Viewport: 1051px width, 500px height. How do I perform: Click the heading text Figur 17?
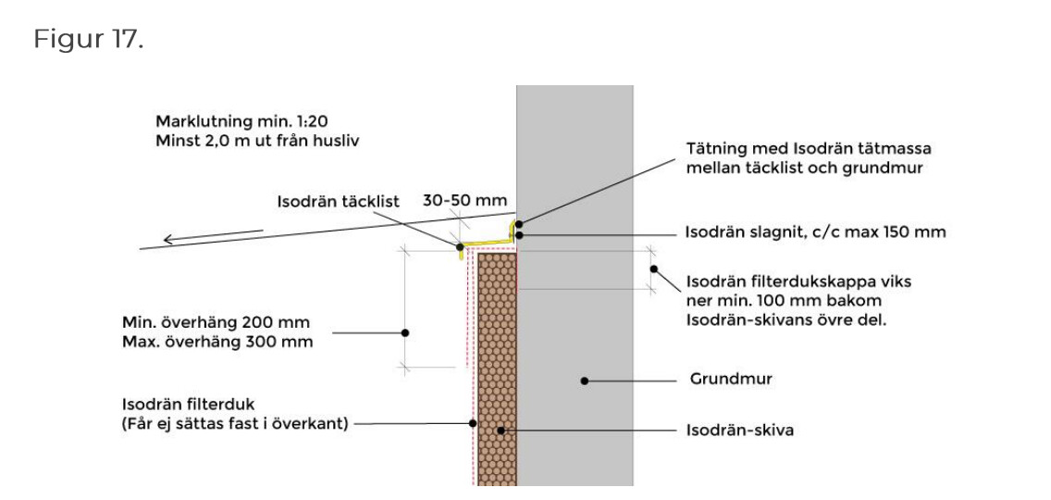click(89, 40)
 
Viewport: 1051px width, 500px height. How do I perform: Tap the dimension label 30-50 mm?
click(464, 200)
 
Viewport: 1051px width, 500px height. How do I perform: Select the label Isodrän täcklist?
click(338, 201)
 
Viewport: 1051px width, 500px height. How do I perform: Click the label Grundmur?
click(731, 380)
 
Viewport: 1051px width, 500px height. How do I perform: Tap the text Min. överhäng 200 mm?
click(216, 322)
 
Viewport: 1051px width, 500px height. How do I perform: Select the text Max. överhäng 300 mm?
click(217, 342)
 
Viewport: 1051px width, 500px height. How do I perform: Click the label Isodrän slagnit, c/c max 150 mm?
click(815, 232)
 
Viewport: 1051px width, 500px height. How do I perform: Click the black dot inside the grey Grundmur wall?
click(583, 380)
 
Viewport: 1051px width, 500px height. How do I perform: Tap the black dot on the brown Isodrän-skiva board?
click(501, 431)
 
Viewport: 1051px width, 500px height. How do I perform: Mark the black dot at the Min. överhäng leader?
click(404, 331)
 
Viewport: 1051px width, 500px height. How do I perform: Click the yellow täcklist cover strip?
click(488, 244)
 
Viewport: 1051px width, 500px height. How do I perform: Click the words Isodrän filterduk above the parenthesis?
click(188, 405)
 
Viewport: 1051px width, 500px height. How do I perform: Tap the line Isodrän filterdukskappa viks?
click(798, 281)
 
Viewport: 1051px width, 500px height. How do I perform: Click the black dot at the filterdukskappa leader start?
click(652, 269)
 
